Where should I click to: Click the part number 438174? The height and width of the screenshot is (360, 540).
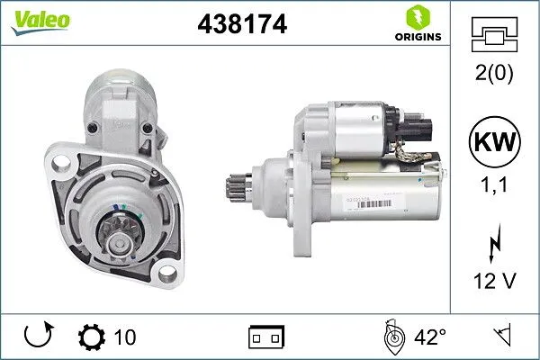(241, 26)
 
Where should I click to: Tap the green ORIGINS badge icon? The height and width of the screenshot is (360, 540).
(416, 18)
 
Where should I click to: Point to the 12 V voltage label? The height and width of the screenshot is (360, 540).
(495, 282)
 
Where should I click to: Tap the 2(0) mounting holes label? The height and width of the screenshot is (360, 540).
(495, 74)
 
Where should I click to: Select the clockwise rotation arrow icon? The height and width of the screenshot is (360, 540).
(39, 337)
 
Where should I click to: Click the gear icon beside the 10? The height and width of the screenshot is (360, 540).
(91, 337)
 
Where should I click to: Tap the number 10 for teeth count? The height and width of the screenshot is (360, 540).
(126, 337)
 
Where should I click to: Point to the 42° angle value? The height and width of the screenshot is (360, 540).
(430, 337)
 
